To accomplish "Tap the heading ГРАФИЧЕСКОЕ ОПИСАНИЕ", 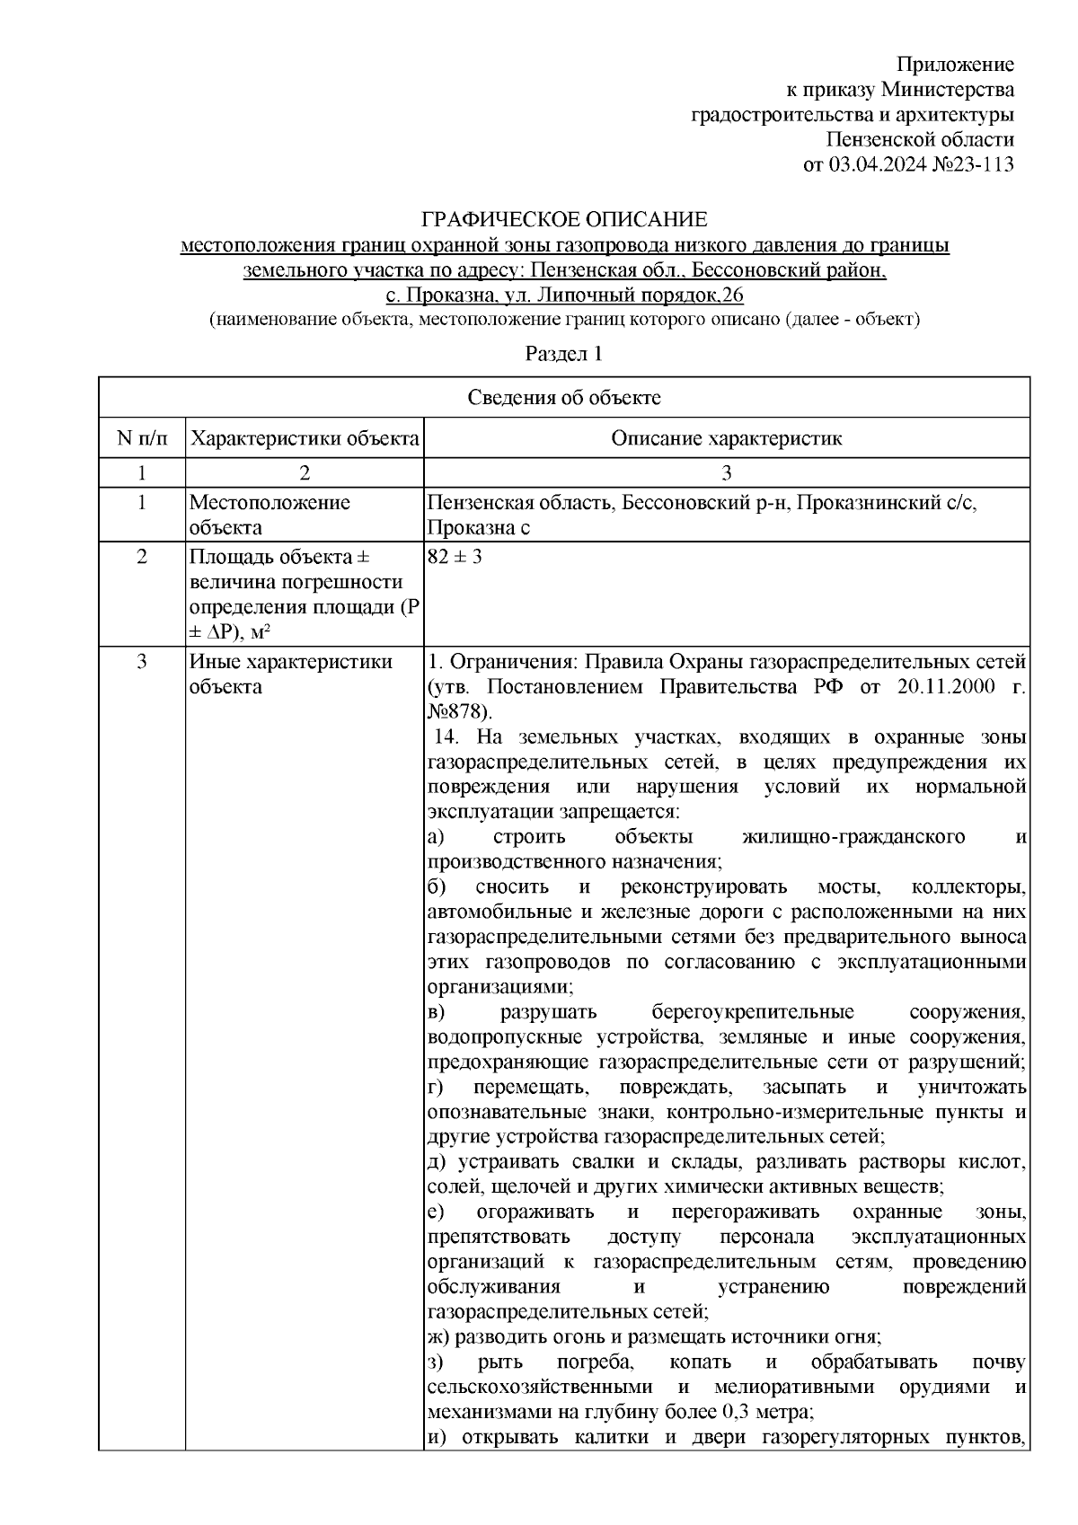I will (565, 219).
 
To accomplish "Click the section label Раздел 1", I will (563, 354).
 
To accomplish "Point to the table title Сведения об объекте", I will (563, 397).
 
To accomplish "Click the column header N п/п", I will (141, 438).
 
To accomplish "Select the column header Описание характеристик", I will (726, 438).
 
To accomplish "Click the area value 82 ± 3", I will (455, 556).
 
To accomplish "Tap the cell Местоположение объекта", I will (269, 515).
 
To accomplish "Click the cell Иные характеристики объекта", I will (290, 674).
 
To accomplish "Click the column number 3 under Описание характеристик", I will (726, 472).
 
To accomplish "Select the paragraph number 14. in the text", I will (448, 737).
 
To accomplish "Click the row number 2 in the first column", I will (141, 556).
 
